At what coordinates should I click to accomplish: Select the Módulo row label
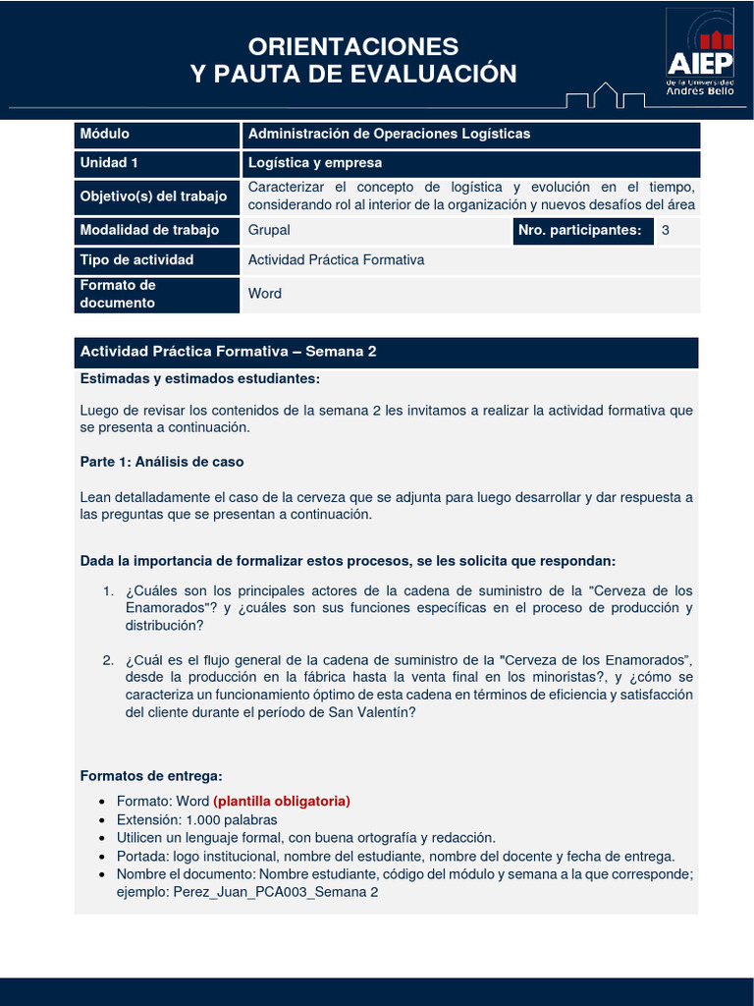coord(105,134)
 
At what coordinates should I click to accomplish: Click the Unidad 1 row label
coord(109,163)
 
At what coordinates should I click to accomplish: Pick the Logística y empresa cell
coord(315,163)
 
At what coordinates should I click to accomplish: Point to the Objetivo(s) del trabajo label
coord(153,196)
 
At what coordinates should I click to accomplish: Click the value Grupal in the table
coord(269,231)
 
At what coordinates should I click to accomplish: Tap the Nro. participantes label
coord(579,231)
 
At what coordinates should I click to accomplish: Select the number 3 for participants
coord(666,231)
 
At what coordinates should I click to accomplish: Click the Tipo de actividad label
coord(136,260)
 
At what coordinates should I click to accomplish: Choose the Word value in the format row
coord(265,294)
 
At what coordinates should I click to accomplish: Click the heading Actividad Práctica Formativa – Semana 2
coord(228,352)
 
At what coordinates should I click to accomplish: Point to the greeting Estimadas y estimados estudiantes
coord(199,379)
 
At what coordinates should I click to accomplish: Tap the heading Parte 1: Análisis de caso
coord(162,462)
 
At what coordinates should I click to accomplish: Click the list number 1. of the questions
coord(109,590)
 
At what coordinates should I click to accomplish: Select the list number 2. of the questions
coord(109,659)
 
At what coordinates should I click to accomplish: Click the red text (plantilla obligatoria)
coord(282,802)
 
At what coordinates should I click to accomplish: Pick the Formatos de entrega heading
coord(151,776)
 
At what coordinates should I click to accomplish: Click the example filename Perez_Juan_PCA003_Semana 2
coord(275,892)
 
